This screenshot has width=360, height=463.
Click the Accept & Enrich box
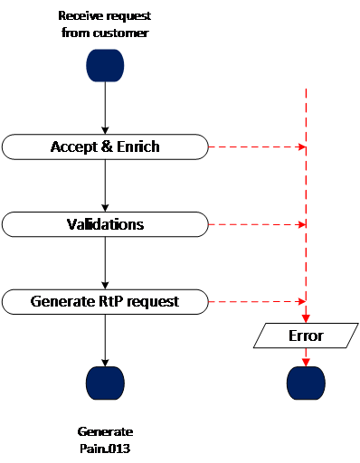(105, 146)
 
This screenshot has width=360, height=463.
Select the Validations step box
(105, 224)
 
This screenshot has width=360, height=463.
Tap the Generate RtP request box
(105, 302)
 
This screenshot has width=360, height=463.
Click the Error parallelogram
(306, 335)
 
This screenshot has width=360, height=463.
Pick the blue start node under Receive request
(105, 65)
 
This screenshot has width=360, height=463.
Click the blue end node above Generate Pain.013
(105, 383)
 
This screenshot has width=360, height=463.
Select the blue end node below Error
(306, 383)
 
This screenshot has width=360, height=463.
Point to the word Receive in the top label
(77, 15)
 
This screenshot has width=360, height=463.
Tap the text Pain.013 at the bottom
(105, 449)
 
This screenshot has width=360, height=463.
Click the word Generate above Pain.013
(105, 431)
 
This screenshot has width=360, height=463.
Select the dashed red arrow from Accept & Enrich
(257, 146)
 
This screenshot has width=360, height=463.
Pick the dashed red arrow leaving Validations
(257, 224)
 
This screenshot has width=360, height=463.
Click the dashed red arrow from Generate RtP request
(257, 301)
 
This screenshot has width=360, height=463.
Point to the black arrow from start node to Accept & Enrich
(105, 108)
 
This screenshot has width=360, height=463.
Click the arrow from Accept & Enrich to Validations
(105, 185)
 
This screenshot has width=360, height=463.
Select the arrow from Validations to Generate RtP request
(105, 263)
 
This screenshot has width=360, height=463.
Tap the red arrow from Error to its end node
(306, 357)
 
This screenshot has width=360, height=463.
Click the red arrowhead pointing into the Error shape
(306, 319)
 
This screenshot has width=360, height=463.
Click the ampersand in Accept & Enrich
(107, 146)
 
